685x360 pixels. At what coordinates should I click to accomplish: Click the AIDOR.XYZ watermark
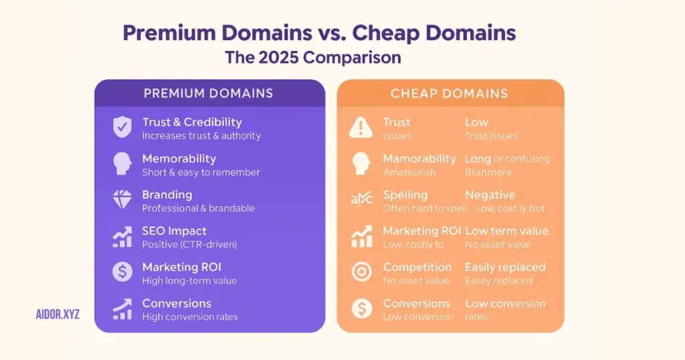58,314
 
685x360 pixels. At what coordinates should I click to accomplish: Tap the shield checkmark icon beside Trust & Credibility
122,127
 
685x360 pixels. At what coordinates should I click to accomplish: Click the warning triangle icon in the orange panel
361,127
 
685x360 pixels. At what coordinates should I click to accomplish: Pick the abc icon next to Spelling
361,199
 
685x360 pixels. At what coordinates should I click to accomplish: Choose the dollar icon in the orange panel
361,308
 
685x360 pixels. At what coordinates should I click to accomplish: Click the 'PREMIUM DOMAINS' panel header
209,94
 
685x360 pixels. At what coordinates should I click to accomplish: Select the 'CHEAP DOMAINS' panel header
450,94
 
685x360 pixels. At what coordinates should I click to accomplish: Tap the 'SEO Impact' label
174,231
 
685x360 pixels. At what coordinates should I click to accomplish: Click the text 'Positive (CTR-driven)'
190,244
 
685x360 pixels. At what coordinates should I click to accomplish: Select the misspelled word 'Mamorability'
419,159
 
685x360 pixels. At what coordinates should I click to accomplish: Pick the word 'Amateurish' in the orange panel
409,172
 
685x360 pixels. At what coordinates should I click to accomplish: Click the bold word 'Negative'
490,195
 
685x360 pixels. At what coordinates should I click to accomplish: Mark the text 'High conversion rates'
189,317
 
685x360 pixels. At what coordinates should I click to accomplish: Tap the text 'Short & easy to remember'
201,172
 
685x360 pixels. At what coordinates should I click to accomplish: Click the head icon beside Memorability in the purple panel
122,163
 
